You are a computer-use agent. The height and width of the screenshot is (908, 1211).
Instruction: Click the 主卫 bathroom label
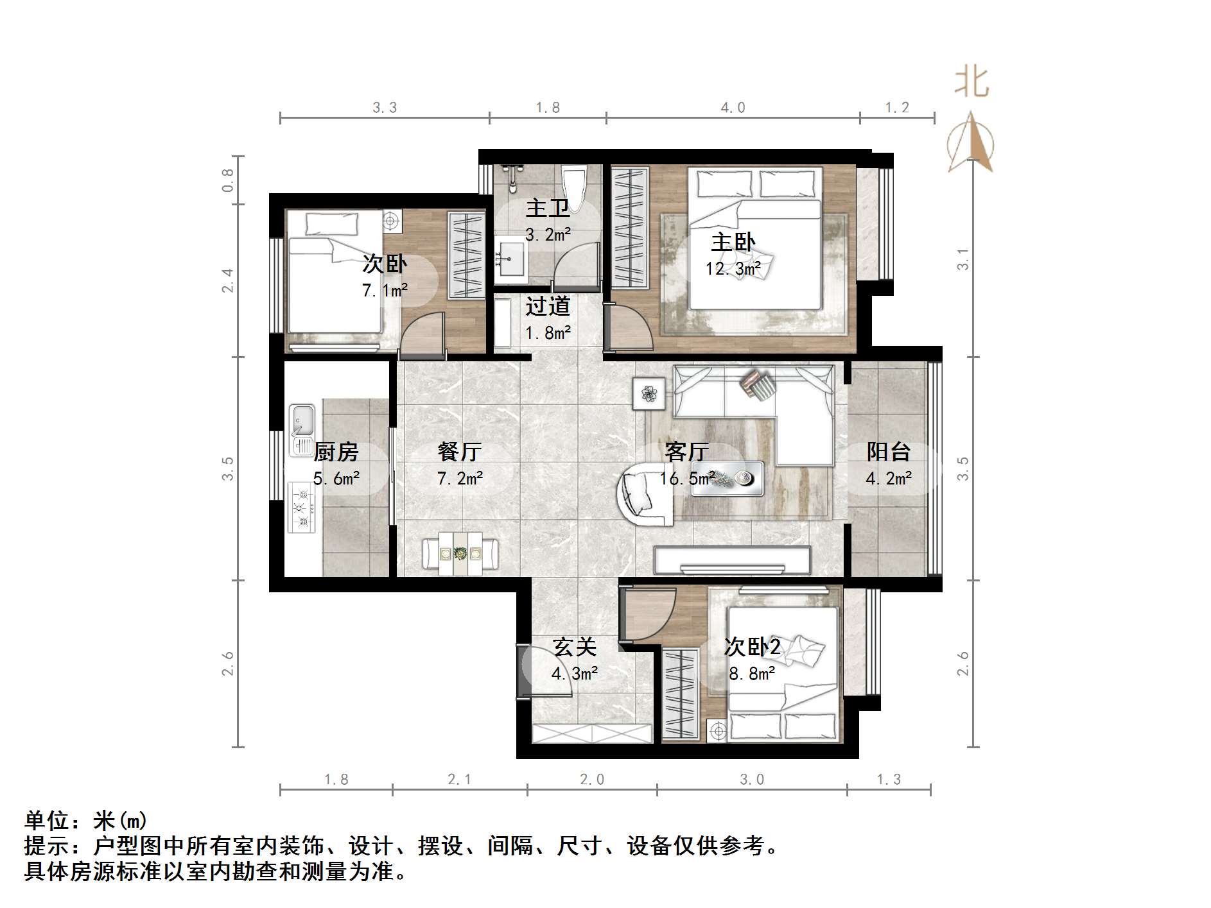547,208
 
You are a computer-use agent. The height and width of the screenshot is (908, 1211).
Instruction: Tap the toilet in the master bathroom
573,185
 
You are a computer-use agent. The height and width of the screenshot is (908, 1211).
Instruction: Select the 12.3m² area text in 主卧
733,268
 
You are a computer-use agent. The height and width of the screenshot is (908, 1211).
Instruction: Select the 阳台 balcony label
889,452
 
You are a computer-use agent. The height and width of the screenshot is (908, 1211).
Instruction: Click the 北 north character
971,83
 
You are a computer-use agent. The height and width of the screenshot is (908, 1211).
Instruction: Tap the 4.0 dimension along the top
733,108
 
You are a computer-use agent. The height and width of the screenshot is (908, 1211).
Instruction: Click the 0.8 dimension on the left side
228,180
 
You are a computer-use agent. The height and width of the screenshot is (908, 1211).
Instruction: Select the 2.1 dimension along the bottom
459,779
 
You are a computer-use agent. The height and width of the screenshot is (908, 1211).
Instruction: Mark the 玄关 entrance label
575,647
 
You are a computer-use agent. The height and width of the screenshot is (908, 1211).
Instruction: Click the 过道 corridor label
548,306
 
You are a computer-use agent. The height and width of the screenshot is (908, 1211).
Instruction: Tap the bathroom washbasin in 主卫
510,259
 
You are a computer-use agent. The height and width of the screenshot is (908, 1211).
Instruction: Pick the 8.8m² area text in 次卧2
752,674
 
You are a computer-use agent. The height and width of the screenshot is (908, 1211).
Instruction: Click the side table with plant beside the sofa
650,393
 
